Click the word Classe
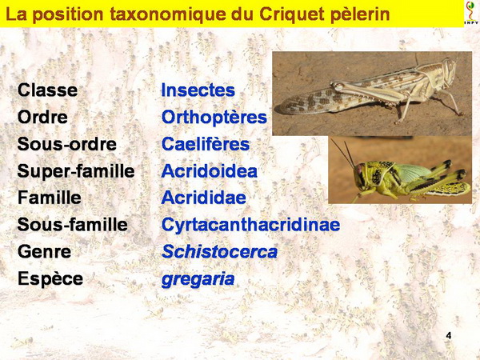click(47, 90)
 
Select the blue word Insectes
click(198, 90)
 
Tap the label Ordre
click(42, 117)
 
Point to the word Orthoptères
click(214, 118)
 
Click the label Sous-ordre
click(67, 144)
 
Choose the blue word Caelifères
click(206, 144)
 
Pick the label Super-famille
click(76, 171)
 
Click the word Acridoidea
click(210, 171)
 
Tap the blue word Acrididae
click(203, 198)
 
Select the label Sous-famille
click(73, 224)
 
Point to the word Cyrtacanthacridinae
click(250, 225)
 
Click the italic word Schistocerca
click(219, 252)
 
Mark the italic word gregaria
click(198, 279)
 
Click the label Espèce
click(50, 279)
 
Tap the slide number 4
click(449, 335)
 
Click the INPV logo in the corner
click(472, 13)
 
